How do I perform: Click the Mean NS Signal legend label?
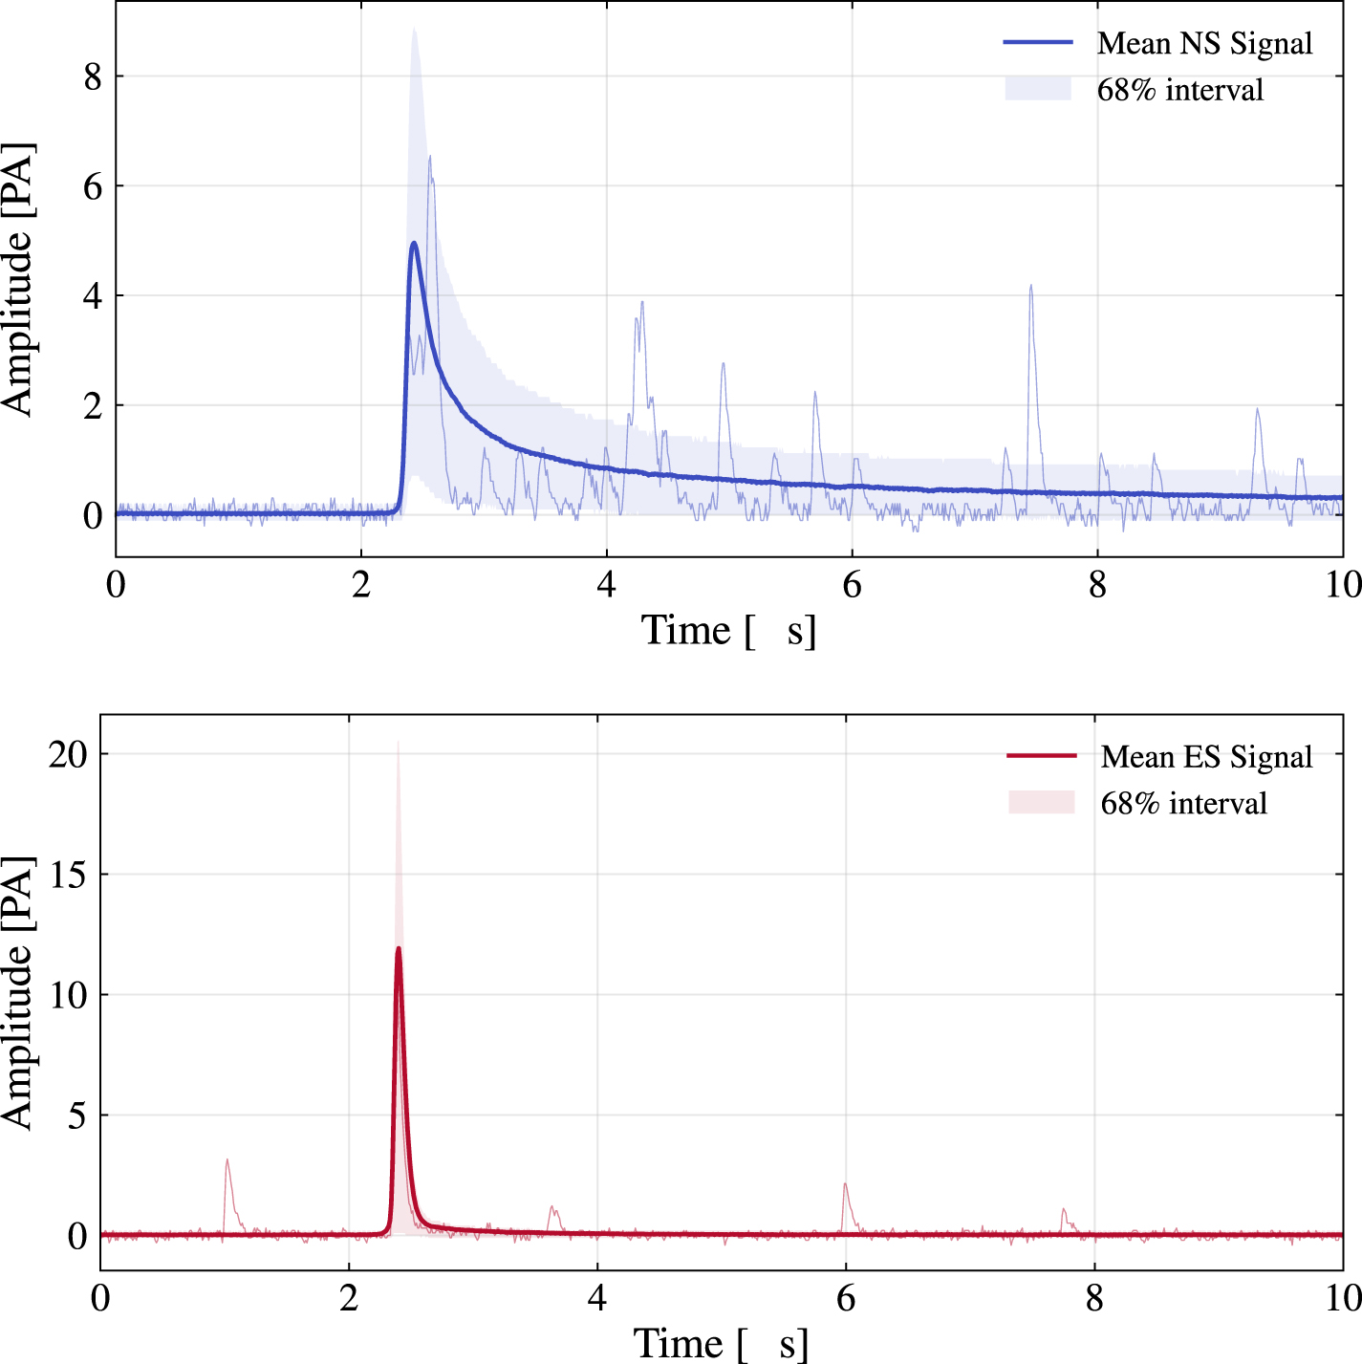click(x=1204, y=43)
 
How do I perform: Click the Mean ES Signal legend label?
click(x=1206, y=756)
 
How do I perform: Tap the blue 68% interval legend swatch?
click(x=1037, y=89)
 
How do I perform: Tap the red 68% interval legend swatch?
click(x=1041, y=802)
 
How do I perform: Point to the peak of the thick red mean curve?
click(x=399, y=948)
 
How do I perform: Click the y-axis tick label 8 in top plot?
click(x=92, y=76)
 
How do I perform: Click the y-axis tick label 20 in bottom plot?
click(x=68, y=754)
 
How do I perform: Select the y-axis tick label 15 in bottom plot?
click(x=68, y=875)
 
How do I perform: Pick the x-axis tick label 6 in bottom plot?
click(x=846, y=1298)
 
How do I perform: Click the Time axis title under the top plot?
click(x=727, y=631)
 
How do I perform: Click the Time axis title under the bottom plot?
click(x=720, y=1343)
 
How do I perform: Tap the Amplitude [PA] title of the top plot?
click(x=17, y=279)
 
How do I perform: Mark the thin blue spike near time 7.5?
click(x=1031, y=287)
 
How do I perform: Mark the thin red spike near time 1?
click(x=227, y=1160)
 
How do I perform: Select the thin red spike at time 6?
click(x=845, y=1185)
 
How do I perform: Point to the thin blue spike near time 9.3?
click(x=1257, y=411)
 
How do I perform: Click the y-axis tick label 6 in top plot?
click(x=92, y=186)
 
